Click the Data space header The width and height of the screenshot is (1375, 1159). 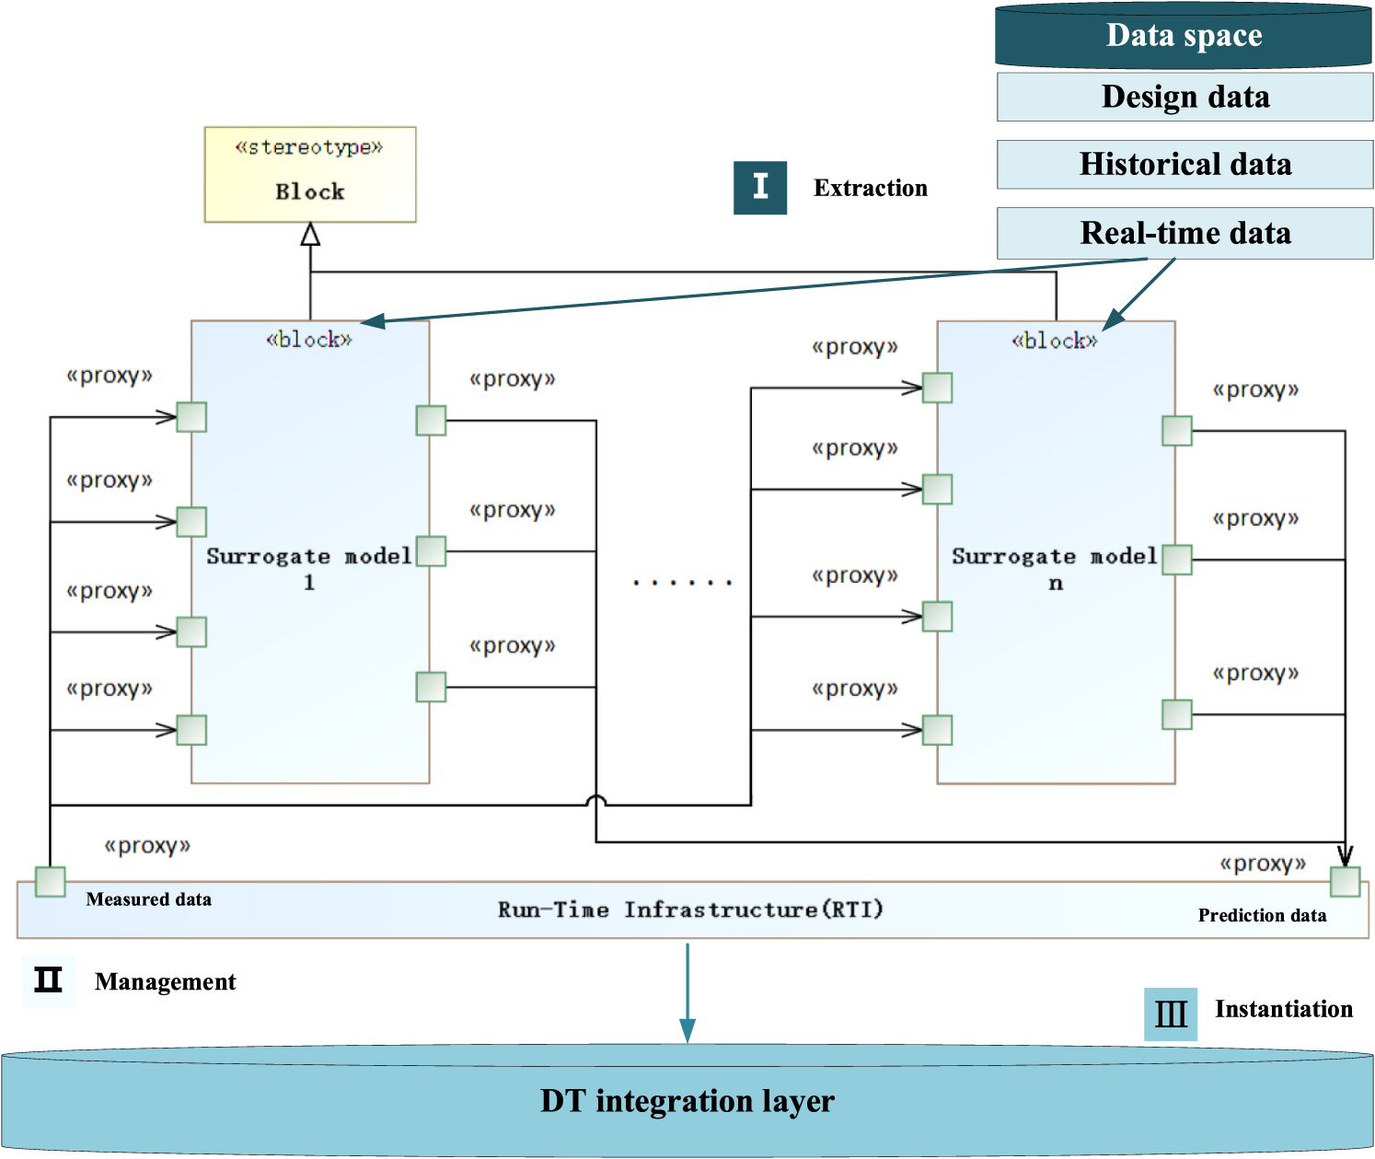(1184, 36)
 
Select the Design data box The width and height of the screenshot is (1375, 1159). (1184, 97)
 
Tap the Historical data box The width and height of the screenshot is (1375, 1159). (1184, 165)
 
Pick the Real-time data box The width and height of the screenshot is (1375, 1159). (1184, 233)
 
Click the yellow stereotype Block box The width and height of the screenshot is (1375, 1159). (309, 174)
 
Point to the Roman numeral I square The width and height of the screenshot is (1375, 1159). (759, 188)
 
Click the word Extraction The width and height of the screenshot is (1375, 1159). (870, 188)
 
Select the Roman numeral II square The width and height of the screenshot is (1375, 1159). (48, 980)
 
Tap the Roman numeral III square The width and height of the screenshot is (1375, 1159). (1170, 1014)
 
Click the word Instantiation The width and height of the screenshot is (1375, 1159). (1283, 1009)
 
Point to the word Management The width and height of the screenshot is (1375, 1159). (165, 981)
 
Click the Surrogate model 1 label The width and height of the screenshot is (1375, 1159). (309, 568)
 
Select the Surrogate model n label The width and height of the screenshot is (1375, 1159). (1055, 568)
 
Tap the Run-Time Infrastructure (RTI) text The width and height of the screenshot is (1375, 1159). (690, 910)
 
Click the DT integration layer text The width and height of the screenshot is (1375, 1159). (687, 1101)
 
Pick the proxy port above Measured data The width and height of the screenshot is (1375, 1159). (50, 881)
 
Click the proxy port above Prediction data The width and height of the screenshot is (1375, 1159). (1345, 881)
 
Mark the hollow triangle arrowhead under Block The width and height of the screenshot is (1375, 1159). (310, 235)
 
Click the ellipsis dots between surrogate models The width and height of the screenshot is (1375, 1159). (682, 583)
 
